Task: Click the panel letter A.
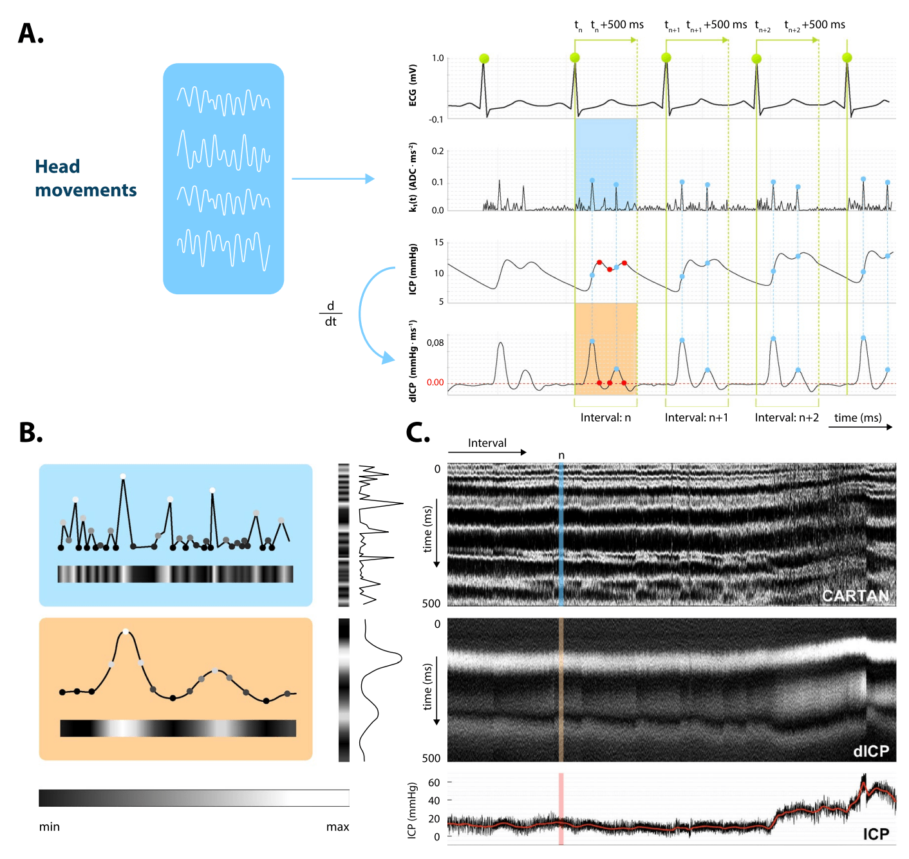point(30,34)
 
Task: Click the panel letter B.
point(30,433)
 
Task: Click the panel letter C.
point(418,433)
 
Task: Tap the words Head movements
point(86,178)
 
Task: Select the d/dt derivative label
point(330,314)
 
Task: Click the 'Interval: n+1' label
point(696,418)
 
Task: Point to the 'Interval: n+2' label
point(787,418)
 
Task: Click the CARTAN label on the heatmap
point(856,596)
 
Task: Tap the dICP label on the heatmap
point(870,751)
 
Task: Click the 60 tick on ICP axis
point(434,782)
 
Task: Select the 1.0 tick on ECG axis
point(438,59)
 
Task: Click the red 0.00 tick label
point(435,382)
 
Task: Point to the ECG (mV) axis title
point(413,85)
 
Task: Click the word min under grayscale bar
point(50,827)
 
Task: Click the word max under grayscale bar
point(337,827)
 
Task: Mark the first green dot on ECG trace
point(484,59)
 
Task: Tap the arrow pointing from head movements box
point(333,178)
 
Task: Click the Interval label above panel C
point(487,443)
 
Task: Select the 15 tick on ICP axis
point(438,243)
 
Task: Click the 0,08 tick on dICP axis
point(435,343)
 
